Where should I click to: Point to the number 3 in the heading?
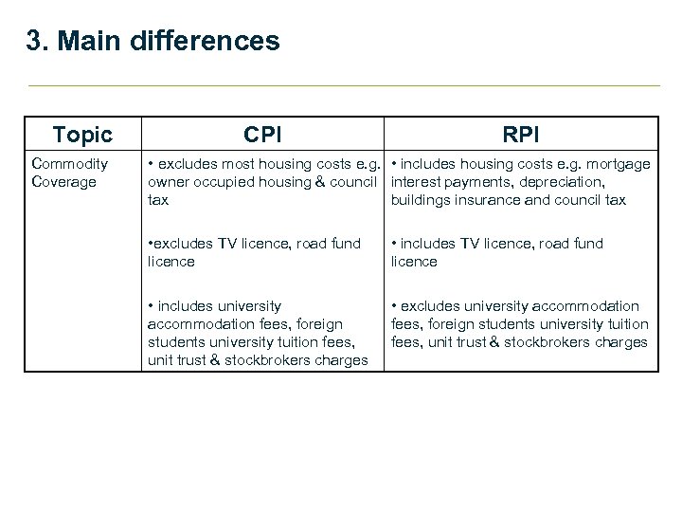tap(35, 42)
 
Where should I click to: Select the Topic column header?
tap(82, 134)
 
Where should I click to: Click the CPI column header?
tap(261, 134)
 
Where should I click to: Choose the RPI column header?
tap(521, 134)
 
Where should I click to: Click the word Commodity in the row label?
tap(69, 164)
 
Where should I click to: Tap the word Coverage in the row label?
tap(64, 182)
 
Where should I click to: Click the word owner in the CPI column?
tap(168, 182)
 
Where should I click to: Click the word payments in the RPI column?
tap(477, 182)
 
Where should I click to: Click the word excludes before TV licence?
tap(180, 244)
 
